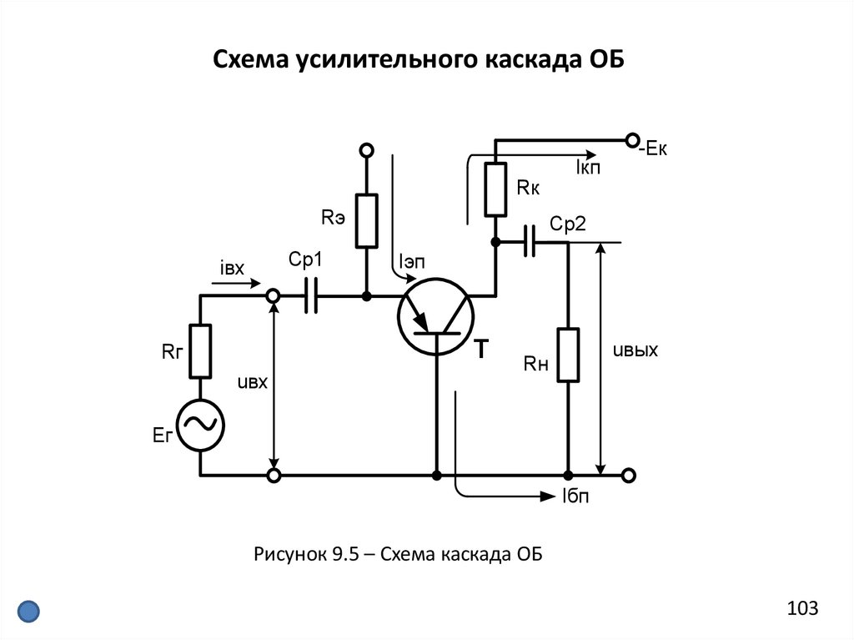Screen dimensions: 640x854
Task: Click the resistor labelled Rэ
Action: [x=366, y=220]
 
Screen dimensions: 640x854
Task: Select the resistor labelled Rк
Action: [x=495, y=190]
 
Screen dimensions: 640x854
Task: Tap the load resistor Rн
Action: [x=568, y=355]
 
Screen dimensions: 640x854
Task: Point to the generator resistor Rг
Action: [x=201, y=350]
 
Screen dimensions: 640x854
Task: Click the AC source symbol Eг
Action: [x=201, y=425]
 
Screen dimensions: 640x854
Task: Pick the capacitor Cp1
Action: [x=312, y=295]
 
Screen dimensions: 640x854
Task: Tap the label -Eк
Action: [x=653, y=151]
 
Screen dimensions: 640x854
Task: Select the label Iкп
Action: [x=588, y=168]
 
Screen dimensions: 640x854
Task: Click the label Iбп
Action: [x=576, y=497]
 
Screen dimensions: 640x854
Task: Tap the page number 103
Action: [x=801, y=608]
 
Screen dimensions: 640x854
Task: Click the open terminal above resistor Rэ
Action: [x=366, y=150]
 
